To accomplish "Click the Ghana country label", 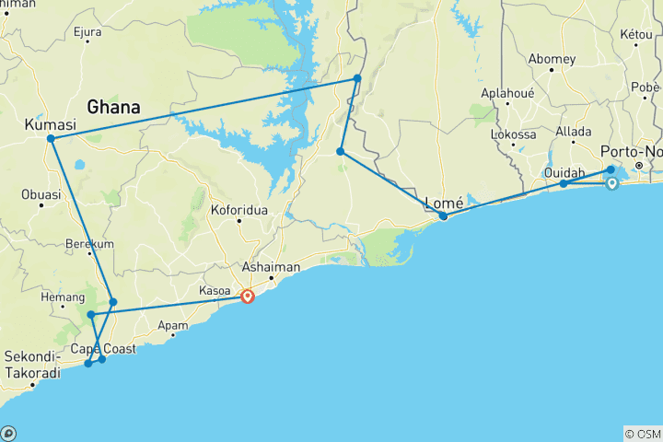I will click(113, 108).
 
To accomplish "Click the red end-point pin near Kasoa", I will click(248, 297).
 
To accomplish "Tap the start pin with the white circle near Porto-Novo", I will click(611, 183).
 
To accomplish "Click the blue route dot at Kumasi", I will click(52, 139).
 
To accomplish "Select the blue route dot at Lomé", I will click(443, 216).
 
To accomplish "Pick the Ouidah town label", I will click(564, 171).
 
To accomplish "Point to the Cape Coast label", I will click(98, 348).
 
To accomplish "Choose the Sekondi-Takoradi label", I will click(33, 365).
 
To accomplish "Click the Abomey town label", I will click(552, 59).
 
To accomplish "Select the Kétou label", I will click(635, 34).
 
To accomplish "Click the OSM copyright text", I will click(642, 433).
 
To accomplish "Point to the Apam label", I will click(173, 324).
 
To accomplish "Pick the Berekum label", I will click(89, 244).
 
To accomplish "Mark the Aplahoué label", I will click(509, 94).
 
